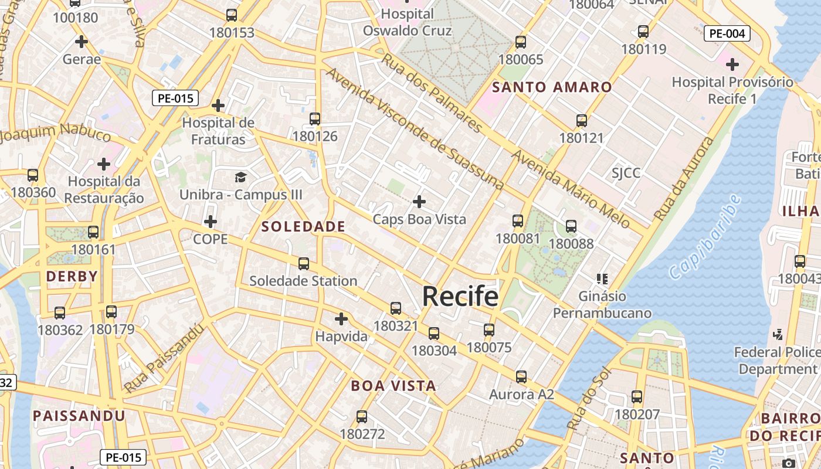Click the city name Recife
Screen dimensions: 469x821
460,297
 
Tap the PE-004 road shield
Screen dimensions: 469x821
727,33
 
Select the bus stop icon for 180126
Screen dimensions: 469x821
315,119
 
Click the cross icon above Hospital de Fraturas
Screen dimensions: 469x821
218,106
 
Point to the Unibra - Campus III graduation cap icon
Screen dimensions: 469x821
240,177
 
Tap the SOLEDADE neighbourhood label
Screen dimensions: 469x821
303,226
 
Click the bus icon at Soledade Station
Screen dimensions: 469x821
303,264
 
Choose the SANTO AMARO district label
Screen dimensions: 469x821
552,87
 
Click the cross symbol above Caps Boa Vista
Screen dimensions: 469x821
419,202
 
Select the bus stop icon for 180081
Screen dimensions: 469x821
517,221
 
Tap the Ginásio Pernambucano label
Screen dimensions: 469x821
602,304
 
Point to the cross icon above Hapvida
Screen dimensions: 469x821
341,319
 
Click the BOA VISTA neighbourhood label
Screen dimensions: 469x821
393,386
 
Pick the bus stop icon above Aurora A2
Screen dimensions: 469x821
521,376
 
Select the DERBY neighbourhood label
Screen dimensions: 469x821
72,276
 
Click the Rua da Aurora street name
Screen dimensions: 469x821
685,179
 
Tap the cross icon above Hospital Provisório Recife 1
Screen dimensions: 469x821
732,64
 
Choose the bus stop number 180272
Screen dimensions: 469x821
362,434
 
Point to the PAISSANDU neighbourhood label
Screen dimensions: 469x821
79,416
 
